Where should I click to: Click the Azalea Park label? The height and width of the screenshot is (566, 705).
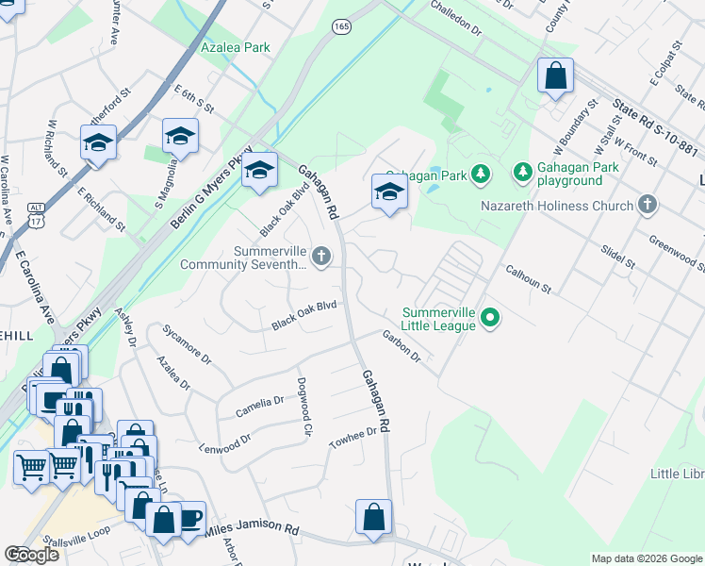pyautogui.click(x=235, y=47)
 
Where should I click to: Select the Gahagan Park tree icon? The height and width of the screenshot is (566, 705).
pyautogui.click(x=482, y=173)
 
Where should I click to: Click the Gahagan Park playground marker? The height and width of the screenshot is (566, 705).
pyautogui.click(x=523, y=173)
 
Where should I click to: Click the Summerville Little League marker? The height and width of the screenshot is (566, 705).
pyautogui.click(x=489, y=319)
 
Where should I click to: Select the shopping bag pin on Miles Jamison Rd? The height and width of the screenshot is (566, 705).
pyautogui.click(x=373, y=518)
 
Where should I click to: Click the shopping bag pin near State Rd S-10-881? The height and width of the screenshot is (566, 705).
pyautogui.click(x=555, y=75)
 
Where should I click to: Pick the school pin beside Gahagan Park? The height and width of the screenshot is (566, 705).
pyautogui.click(x=389, y=191)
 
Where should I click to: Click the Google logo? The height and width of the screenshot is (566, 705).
pyautogui.click(x=32, y=555)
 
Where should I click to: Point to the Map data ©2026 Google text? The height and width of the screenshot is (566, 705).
pyautogui.click(x=646, y=558)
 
